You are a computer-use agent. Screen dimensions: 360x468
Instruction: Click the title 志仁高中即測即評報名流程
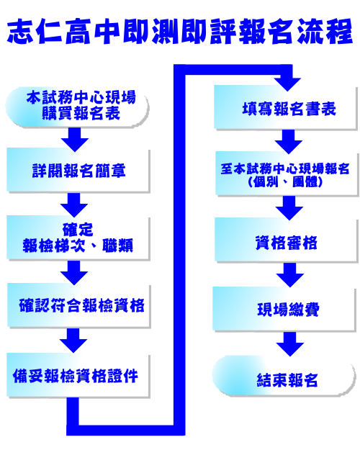(x=180, y=32)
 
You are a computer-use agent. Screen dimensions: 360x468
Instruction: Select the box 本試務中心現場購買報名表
(x=77, y=107)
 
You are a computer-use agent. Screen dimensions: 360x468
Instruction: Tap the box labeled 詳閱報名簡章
(x=78, y=170)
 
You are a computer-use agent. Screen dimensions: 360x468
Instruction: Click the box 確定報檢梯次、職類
(x=78, y=238)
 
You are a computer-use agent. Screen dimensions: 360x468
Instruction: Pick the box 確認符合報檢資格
(x=78, y=305)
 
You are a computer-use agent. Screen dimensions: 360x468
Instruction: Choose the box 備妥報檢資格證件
(x=78, y=375)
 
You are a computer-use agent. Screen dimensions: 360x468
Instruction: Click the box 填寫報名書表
(x=286, y=108)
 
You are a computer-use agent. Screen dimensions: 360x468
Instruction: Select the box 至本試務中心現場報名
(x=287, y=174)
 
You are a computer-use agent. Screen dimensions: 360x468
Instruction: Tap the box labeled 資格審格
(x=286, y=240)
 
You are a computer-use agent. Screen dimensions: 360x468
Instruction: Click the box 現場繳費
(x=285, y=309)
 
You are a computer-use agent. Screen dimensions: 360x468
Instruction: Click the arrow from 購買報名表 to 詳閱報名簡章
(x=75, y=140)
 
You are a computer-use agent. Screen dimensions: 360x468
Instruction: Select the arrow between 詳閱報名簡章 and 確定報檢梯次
(x=74, y=205)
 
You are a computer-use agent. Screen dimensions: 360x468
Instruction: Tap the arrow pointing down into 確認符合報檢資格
(x=74, y=273)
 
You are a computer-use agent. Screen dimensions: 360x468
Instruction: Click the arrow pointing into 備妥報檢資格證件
(x=73, y=341)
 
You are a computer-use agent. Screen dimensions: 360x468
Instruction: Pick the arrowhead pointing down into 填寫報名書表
(x=288, y=85)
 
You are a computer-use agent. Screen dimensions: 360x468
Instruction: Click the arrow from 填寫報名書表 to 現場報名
(x=288, y=142)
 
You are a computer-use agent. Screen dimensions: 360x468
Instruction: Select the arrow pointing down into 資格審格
(x=289, y=208)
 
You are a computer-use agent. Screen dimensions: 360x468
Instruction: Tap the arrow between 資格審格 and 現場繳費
(x=290, y=275)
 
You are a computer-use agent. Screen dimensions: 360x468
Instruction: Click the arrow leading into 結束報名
(x=290, y=344)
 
